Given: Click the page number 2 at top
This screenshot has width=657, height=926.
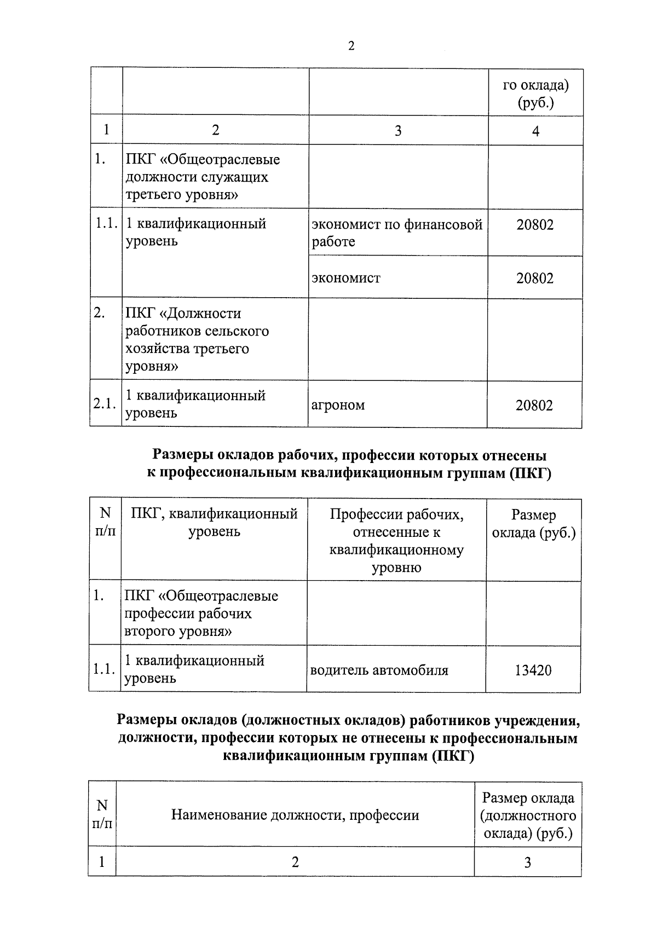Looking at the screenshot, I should tap(351, 47).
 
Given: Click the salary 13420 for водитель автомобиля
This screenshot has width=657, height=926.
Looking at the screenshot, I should tap(533, 670).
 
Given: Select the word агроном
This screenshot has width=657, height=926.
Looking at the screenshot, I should tap(338, 405).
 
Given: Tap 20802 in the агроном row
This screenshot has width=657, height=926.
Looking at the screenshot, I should tap(534, 405).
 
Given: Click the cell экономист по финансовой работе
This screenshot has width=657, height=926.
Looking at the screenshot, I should tap(397, 233).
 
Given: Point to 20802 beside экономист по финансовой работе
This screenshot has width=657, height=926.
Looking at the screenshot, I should tap(535, 224).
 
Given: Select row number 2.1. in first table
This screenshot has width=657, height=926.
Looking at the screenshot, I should tap(105, 404).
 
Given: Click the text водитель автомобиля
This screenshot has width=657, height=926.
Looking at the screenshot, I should tap(379, 670).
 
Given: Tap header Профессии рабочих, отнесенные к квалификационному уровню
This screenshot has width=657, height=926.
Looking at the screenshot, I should tap(396, 541).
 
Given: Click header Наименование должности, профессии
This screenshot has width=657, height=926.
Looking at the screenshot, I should tap(295, 815).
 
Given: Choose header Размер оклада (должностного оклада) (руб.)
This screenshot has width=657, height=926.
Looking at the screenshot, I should tap(528, 815).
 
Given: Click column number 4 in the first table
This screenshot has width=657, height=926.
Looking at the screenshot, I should tap(535, 131).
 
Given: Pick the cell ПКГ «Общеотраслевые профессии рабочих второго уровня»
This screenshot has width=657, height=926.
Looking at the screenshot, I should tap(201, 614).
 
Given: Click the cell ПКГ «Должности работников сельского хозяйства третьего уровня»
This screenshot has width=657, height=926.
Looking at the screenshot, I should tap(197, 340).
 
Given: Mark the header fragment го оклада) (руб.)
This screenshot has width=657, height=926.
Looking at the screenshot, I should tap(535, 94).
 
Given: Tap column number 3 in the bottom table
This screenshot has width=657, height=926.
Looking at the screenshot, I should tap(527, 863).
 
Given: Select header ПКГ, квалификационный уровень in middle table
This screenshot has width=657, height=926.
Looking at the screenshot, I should tap(214, 523).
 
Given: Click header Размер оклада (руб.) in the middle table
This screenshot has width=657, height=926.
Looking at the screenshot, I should tap(534, 524).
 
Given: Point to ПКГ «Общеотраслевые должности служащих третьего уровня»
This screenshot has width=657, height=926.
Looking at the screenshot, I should tap(203, 177).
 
